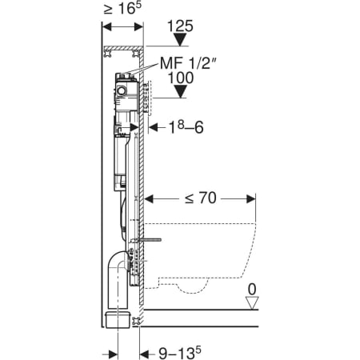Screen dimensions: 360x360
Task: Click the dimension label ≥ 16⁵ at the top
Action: (122, 9)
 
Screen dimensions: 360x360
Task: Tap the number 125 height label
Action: (180, 26)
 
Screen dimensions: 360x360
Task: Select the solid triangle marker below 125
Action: (180, 40)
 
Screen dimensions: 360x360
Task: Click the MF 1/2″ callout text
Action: (188, 63)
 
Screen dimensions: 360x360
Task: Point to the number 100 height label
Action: (181, 78)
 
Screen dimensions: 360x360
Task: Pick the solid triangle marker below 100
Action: (181, 91)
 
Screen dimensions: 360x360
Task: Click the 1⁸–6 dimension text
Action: (186, 127)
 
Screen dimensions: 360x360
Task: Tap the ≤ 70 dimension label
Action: (201, 198)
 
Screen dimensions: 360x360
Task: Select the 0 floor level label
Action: (252, 290)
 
